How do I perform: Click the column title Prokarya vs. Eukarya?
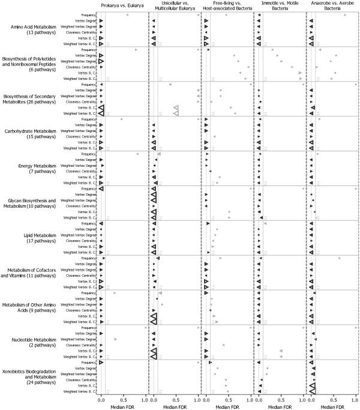pyautogui.click(x=123, y=5)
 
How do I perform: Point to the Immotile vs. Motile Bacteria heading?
pyautogui.click(x=280, y=7)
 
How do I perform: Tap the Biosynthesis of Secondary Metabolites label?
pyautogui.click(x=31, y=98)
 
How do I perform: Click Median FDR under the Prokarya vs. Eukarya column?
pyautogui.click(x=123, y=406)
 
